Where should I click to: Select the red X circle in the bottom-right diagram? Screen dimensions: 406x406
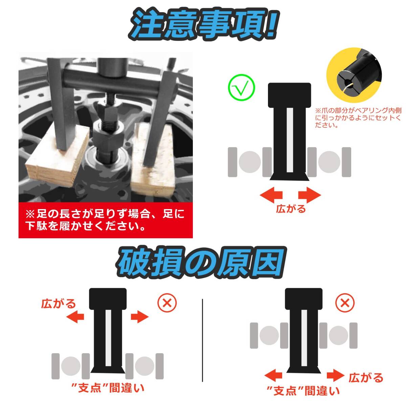tap(345, 303)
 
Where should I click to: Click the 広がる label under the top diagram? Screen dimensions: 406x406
tap(291, 209)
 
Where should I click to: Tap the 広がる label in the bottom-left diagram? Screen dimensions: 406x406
tap(58, 303)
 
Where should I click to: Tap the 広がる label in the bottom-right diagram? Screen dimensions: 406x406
tap(366, 377)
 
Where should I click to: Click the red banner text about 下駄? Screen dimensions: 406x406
tap(105, 220)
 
